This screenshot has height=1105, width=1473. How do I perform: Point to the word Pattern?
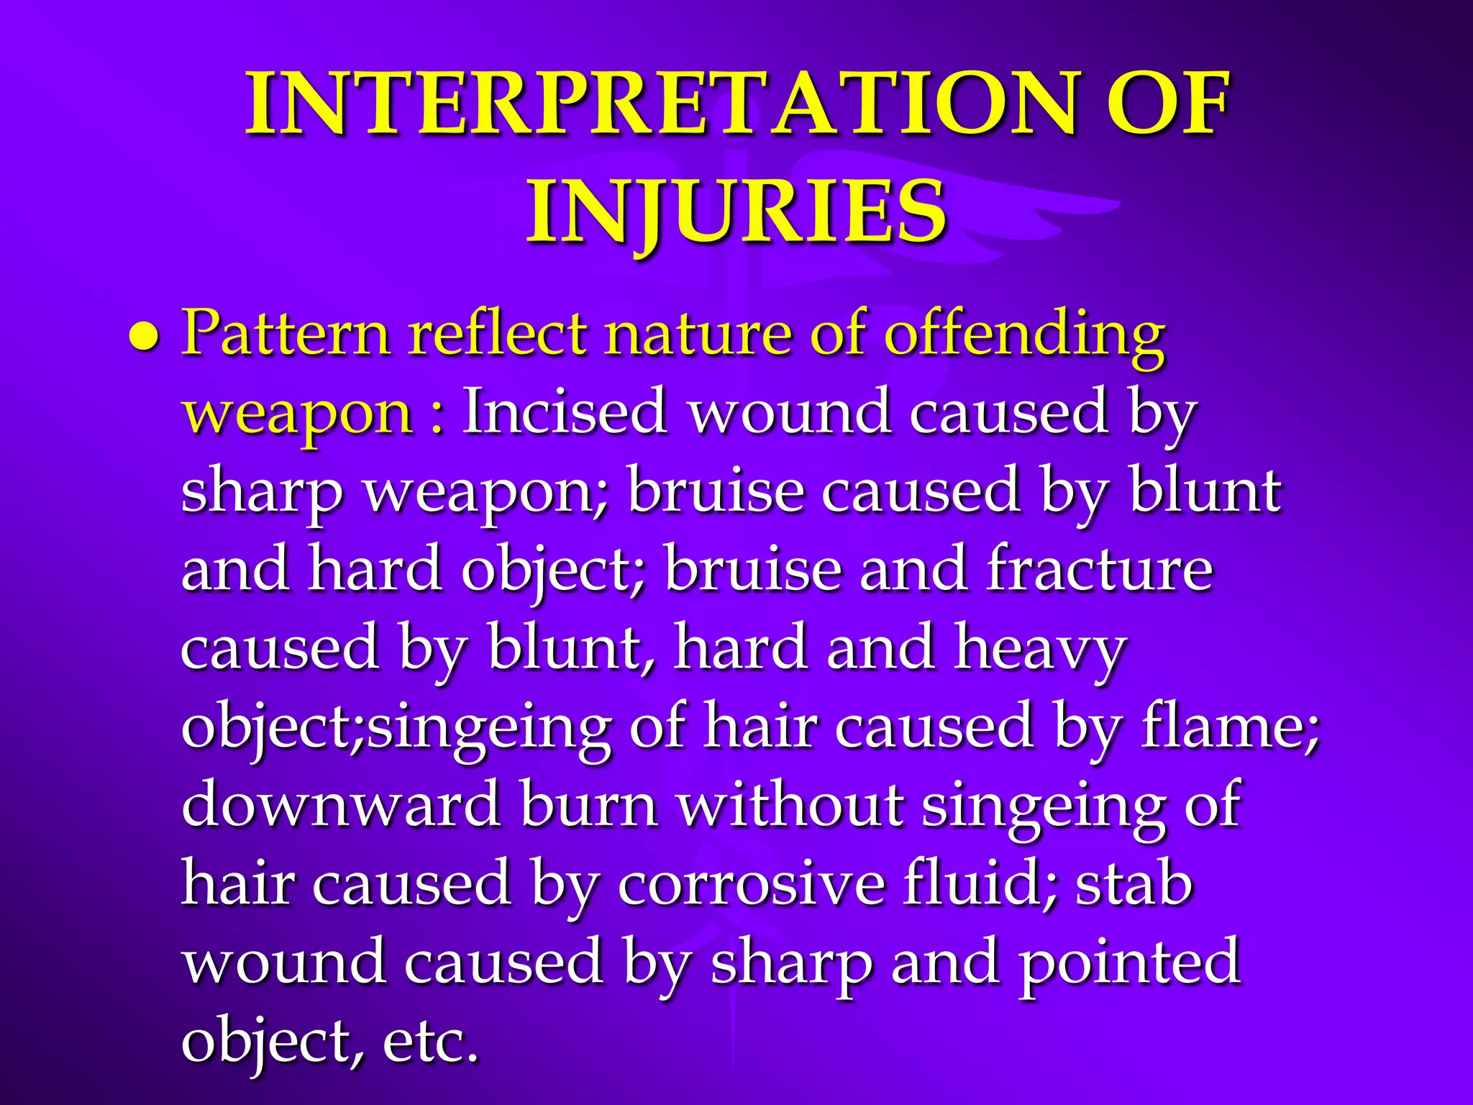(x=285, y=333)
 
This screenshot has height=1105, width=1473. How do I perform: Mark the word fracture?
(x=1100, y=568)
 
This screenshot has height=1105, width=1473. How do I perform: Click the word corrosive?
(x=752, y=883)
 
